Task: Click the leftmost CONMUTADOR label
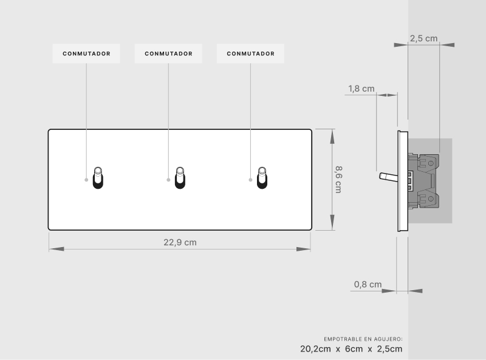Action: [86, 53]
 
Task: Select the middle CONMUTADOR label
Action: [169, 53]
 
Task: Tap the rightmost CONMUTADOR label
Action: [251, 53]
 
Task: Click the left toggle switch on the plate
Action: [98, 178]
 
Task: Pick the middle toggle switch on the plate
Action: [180, 178]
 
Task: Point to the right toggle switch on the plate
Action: [262, 178]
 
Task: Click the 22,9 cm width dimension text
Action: [180, 242]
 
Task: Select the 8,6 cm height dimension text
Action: [338, 179]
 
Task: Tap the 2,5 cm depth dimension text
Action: [423, 38]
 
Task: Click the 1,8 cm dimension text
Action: [361, 89]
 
